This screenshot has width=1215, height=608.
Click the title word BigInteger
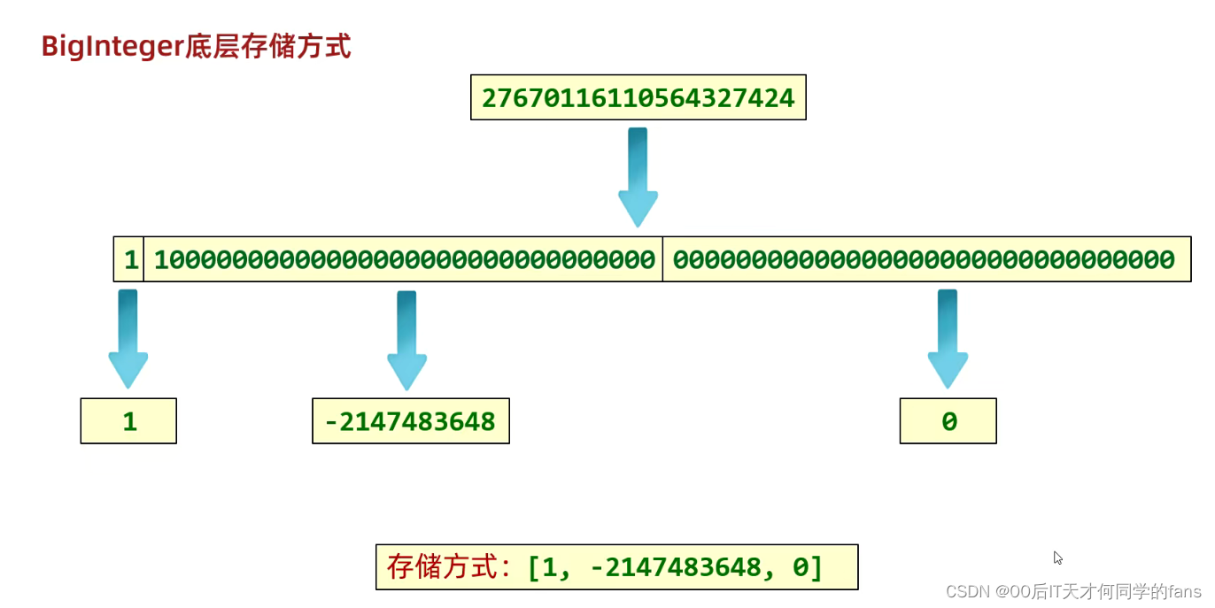112,46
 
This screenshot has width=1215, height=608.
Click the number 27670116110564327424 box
638,97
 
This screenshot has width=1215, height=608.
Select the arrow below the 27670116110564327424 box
638,177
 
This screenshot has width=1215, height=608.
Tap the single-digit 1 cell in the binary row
129,259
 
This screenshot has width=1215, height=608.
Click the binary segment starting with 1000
404,259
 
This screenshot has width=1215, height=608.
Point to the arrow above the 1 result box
128,339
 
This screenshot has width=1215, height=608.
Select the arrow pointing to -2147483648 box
406,340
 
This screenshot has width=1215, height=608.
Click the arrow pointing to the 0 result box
948,339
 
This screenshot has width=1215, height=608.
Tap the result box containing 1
128,421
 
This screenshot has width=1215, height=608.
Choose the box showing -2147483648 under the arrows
411,421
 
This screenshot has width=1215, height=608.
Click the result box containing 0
948,421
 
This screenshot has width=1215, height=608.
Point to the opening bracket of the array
534,566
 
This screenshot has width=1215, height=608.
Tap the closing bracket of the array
816,566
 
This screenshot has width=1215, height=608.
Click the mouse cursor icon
1057,558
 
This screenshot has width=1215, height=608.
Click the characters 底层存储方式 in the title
267,46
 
